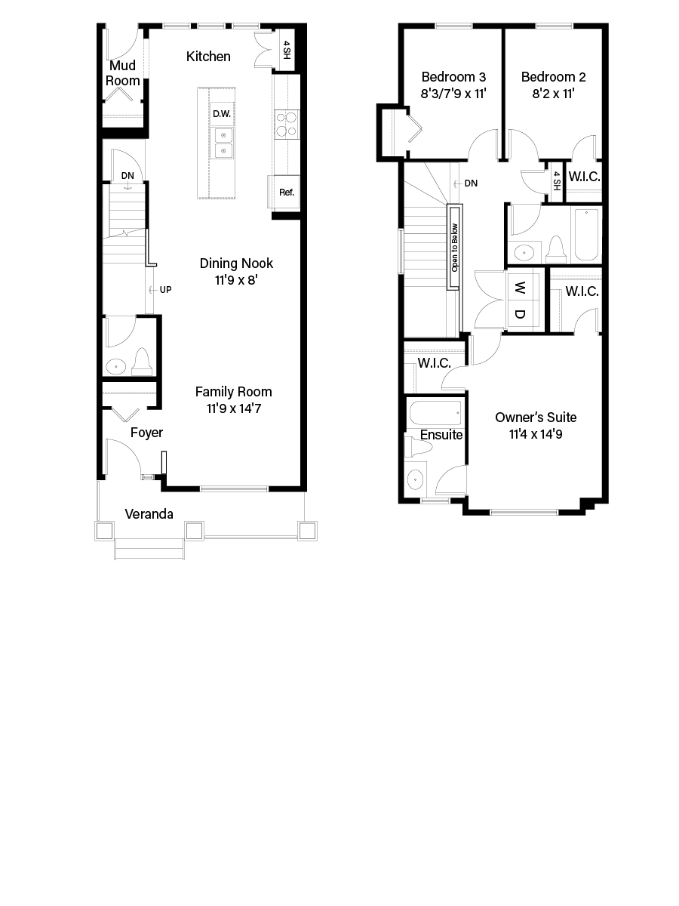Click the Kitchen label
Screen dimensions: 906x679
tap(208, 57)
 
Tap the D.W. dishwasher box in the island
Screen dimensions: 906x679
tap(221, 114)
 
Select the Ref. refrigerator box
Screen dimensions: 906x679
tap(286, 192)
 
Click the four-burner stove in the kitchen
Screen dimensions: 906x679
tap(287, 124)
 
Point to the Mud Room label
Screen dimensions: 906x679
tap(122, 73)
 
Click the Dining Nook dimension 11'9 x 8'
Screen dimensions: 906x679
tap(236, 280)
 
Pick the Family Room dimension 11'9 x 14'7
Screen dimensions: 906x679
tap(233, 408)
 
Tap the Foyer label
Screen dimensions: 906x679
tap(146, 433)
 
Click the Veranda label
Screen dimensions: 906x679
tap(149, 514)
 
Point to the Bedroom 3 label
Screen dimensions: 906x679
tap(453, 77)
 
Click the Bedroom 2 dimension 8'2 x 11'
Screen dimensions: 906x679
tap(553, 94)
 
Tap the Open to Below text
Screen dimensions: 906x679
tap(455, 247)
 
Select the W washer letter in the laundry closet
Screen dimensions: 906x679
tap(520, 288)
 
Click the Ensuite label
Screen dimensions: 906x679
tap(441, 435)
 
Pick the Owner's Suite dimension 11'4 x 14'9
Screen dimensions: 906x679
tap(536, 434)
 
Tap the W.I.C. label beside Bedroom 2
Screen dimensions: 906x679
tap(583, 177)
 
